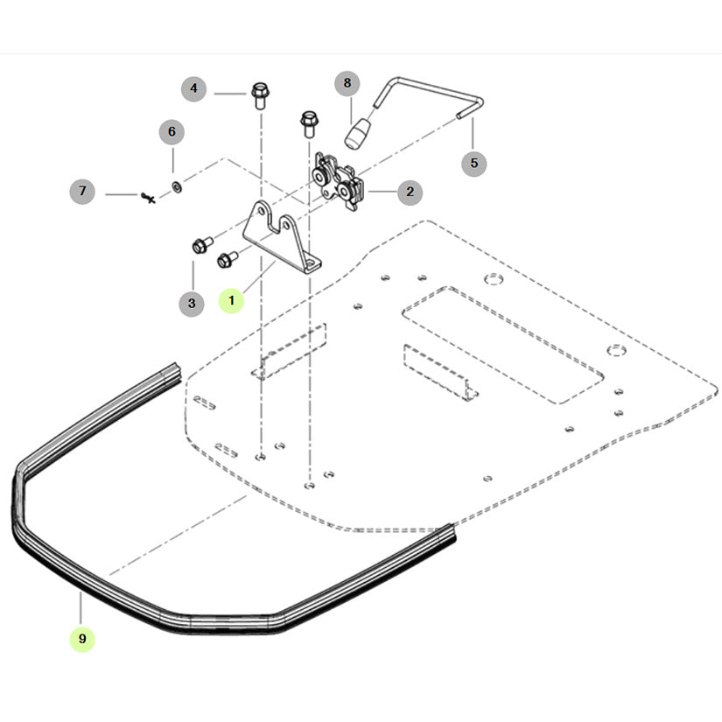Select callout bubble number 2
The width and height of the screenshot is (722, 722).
click(x=410, y=192)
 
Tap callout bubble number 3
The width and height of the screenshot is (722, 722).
click(x=192, y=304)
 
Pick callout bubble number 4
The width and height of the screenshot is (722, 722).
click(x=194, y=88)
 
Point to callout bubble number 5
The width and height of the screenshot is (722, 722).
click(x=474, y=163)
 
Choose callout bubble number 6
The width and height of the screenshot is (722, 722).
click(x=172, y=132)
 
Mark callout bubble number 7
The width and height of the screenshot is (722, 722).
click(x=82, y=191)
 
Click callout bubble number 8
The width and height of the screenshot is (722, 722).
click(x=347, y=84)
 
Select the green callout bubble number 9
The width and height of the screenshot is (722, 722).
click(x=82, y=639)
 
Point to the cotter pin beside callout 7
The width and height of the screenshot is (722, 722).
click(x=148, y=198)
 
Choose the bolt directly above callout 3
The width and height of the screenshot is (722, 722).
click(x=197, y=246)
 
